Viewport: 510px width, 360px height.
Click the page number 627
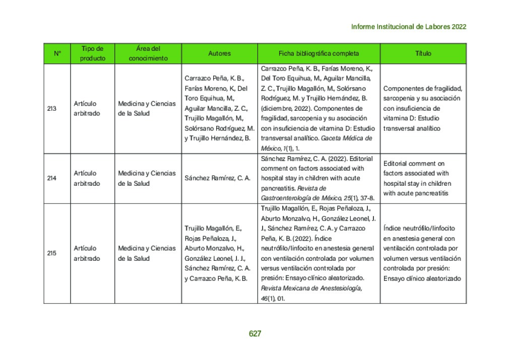(x=255, y=334)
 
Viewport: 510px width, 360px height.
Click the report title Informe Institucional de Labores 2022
(x=408, y=27)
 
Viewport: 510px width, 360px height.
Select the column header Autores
(x=219, y=53)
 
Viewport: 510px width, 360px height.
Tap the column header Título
(x=423, y=53)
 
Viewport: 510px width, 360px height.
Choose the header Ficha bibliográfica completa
(x=318, y=53)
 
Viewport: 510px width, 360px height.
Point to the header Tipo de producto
(x=93, y=53)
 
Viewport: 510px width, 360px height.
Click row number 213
(x=51, y=108)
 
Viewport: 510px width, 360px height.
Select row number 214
(x=51, y=178)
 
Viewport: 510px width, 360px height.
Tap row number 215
(x=51, y=253)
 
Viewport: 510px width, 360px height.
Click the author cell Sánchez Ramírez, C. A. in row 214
(x=217, y=178)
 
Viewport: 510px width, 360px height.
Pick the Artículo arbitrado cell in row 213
(x=87, y=108)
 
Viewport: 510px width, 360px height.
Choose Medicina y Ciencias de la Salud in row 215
(x=147, y=253)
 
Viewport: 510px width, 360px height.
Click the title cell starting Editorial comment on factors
(x=417, y=178)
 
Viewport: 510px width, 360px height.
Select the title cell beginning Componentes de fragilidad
(x=422, y=108)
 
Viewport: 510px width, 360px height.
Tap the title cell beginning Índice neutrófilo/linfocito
(x=422, y=253)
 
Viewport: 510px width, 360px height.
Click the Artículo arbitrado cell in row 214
(x=87, y=178)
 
